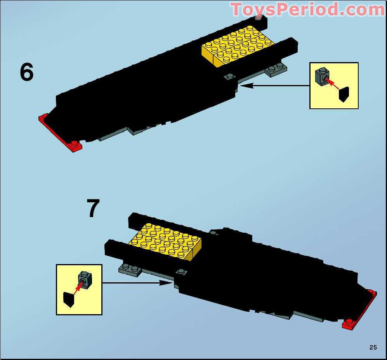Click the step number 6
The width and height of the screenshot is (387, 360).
point(26,73)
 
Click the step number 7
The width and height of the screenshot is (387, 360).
point(93,209)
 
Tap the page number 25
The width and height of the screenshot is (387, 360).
point(373,347)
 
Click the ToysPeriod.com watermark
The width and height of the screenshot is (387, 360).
point(307,10)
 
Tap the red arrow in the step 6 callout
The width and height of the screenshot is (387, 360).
point(332,84)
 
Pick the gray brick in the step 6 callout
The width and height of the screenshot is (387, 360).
point(322,76)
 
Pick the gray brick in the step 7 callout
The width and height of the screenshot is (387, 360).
point(84,278)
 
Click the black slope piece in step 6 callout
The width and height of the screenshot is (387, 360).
point(344,94)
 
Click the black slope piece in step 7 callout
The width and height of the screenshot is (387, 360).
point(68,299)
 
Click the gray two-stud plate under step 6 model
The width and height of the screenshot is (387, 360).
point(276,69)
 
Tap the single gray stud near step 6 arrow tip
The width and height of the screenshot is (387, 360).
point(230,76)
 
